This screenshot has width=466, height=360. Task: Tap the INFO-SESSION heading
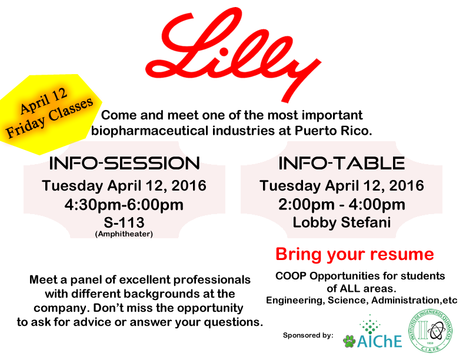[125, 164]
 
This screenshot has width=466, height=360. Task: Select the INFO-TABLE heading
[341, 164]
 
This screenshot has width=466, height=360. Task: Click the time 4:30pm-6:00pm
[124, 205]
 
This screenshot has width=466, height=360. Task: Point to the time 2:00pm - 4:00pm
[342, 205]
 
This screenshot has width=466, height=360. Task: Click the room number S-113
[124, 222]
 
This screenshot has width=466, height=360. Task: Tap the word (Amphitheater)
[124, 234]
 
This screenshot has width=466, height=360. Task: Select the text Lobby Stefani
[342, 222]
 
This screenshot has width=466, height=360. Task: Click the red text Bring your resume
[355, 255]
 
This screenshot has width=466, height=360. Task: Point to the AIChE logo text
[380, 341]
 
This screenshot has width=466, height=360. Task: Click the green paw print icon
[349, 341]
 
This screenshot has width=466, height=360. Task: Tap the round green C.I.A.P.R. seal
[430, 331]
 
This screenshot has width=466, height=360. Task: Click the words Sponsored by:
[308, 335]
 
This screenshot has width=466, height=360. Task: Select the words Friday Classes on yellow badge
[49, 117]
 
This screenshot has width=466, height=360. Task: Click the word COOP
[291, 276]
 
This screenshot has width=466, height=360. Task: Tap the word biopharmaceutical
[149, 131]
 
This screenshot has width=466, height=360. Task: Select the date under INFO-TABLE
[342, 186]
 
